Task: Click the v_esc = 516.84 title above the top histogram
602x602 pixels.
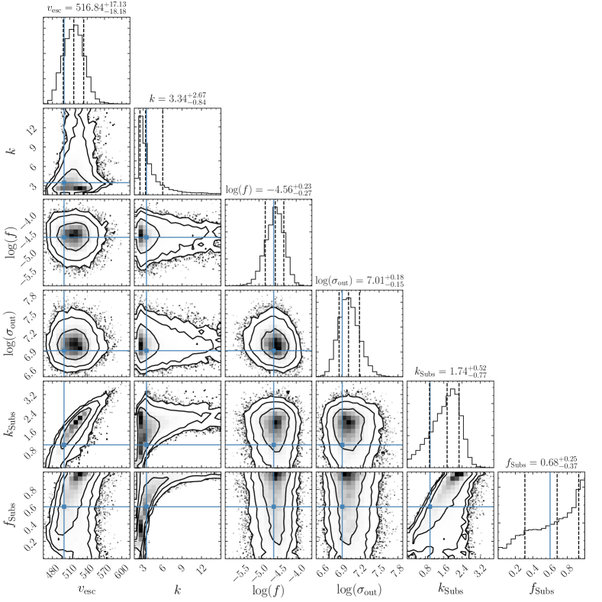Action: [x=87, y=8]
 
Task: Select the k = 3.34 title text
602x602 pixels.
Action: [x=178, y=98]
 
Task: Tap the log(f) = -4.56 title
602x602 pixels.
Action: [x=269, y=190]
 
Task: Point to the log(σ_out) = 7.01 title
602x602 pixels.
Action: [x=359, y=281]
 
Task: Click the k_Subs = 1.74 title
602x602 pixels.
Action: [x=451, y=372]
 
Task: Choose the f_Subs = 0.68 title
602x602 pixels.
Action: [x=542, y=462]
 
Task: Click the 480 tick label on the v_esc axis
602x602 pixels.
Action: [x=53, y=571]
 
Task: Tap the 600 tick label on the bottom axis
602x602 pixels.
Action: [x=122, y=571]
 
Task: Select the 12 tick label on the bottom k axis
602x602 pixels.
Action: [x=201, y=570]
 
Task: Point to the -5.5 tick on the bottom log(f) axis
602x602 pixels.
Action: [x=241, y=573]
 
